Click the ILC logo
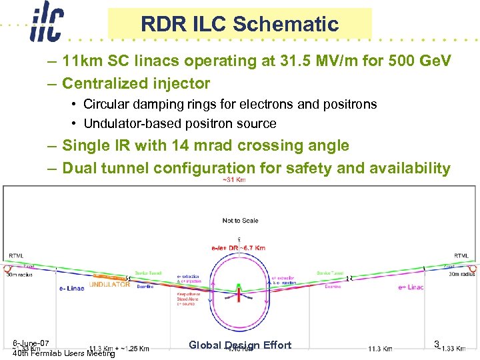[x=46, y=24]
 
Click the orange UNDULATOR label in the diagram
[x=110, y=283]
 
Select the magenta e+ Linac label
[x=411, y=287]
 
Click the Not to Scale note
[x=240, y=221]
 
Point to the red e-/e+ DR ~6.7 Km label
[x=238, y=248]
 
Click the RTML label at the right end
[x=461, y=256]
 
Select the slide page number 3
[x=436, y=344]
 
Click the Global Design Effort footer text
[x=240, y=345]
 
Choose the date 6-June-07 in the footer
[x=31, y=343]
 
